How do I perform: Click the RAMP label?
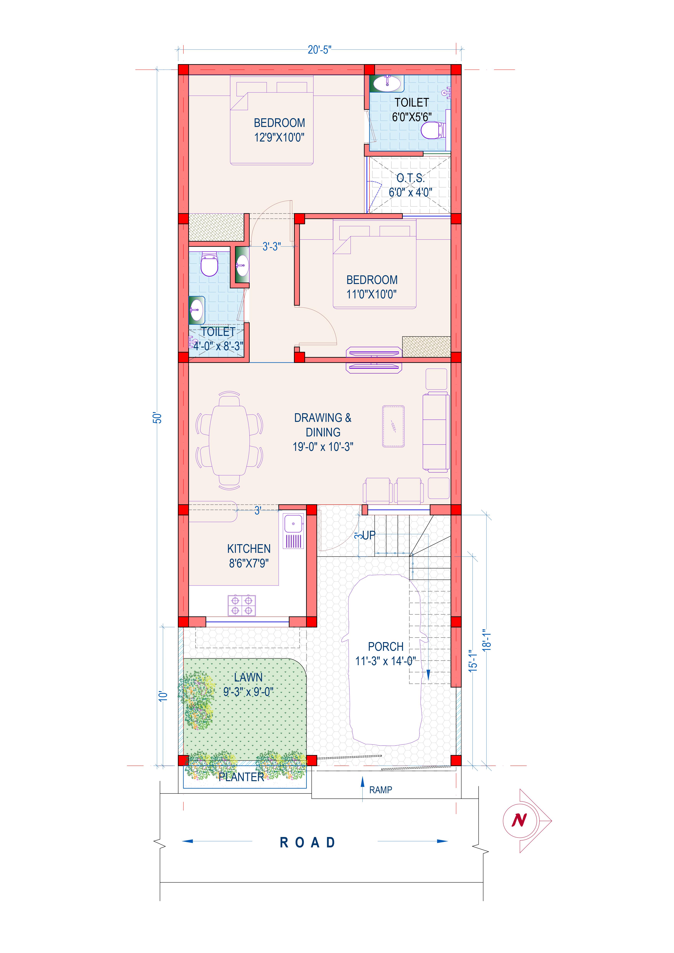point(380,790)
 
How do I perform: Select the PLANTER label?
point(241,777)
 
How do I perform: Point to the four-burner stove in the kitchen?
point(242,605)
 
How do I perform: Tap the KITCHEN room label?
point(249,549)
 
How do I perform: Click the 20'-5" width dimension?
point(319,50)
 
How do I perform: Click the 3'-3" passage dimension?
point(272,247)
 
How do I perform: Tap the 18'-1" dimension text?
point(487,640)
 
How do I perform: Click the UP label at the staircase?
point(369,535)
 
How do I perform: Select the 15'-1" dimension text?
point(473,660)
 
